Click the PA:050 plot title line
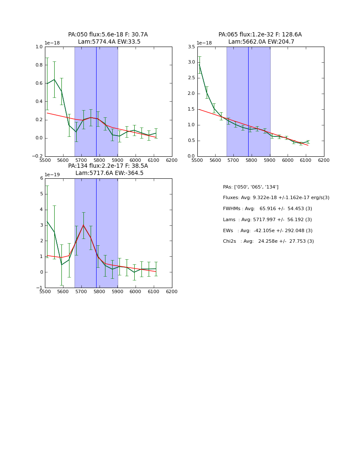click(x=108, y=35)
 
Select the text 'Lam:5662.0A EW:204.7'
click(x=261, y=42)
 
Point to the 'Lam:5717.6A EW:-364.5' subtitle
click(x=109, y=173)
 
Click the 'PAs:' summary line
click(x=250, y=187)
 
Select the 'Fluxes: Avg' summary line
click(x=276, y=198)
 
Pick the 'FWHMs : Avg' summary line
click(x=267, y=209)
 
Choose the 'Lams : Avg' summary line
click(x=267, y=220)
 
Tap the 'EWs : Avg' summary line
click(x=268, y=230)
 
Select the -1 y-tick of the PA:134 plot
click(x=40, y=288)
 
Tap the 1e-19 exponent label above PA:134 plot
click(x=53, y=175)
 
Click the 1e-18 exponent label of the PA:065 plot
click(x=205, y=43)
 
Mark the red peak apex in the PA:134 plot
click(x=83, y=225)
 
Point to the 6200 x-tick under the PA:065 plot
click(x=324, y=161)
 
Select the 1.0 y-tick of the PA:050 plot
click(x=39, y=47)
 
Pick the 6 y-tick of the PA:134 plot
click(x=42, y=178)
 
